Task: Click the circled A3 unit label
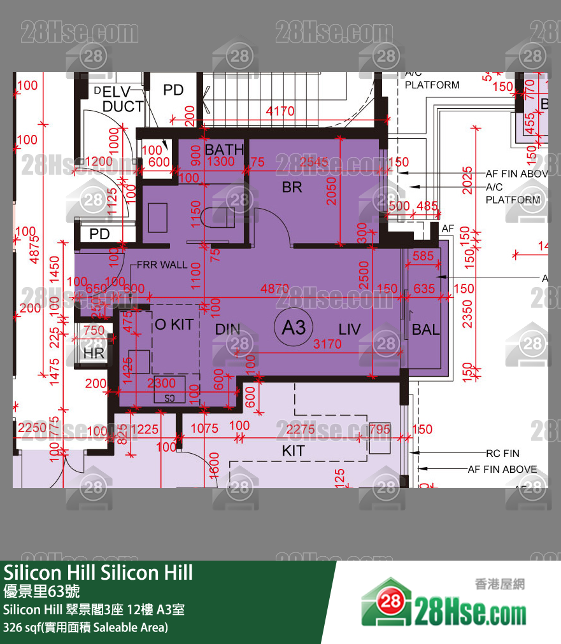tap(294, 327)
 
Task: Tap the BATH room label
tap(224, 150)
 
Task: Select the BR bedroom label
tap(292, 188)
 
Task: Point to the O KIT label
tap(174, 325)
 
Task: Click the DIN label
tap(227, 330)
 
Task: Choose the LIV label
tap(350, 330)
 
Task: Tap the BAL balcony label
tap(425, 330)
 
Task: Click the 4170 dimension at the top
tap(280, 111)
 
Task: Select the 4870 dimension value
tap(275, 288)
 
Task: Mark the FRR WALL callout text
tap(161, 265)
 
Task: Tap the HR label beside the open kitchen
tap(94, 353)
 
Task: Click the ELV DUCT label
tap(121, 99)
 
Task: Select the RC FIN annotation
tap(502, 454)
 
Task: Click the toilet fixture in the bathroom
tap(216, 217)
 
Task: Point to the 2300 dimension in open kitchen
tap(161, 384)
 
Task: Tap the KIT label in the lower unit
tap(293, 451)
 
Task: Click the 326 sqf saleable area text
tap(85, 627)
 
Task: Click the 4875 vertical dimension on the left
tap(36, 245)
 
